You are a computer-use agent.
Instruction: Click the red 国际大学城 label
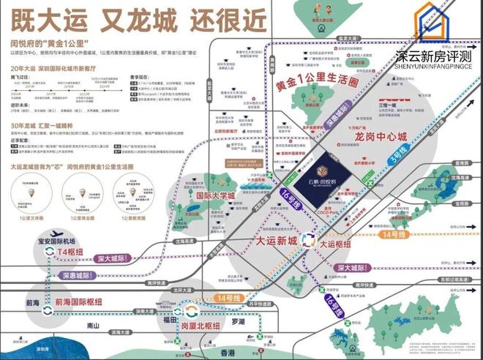point(217,196)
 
